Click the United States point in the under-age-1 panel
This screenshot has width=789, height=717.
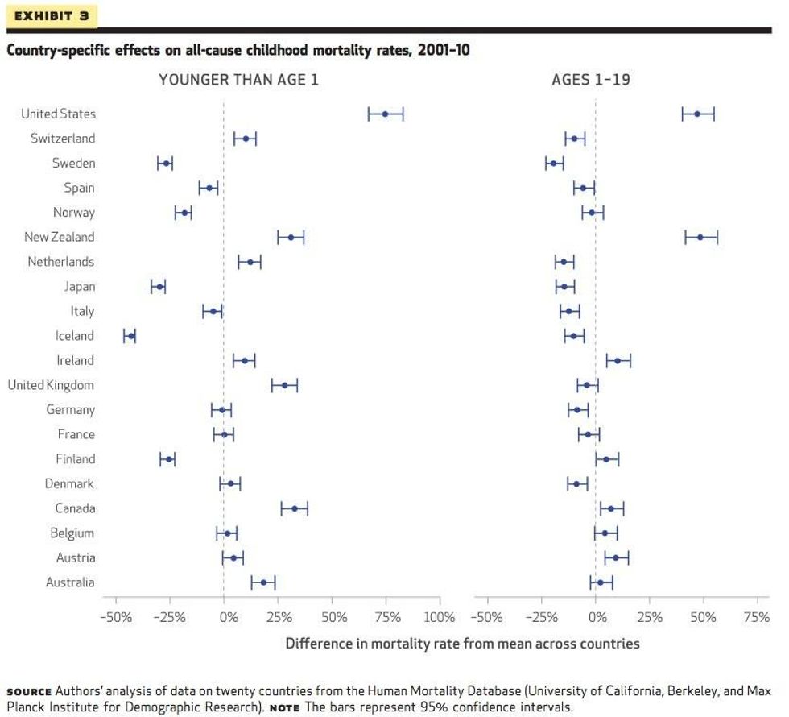point(385,114)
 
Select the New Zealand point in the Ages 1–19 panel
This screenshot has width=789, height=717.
point(700,237)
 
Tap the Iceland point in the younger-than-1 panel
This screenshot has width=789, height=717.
point(130,336)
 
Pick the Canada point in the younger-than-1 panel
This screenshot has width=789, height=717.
point(295,508)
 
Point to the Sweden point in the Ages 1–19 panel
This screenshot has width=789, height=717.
point(554,164)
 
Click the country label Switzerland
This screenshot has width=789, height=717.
point(63,139)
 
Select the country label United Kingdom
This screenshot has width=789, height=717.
point(51,385)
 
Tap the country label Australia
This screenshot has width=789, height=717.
point(69,582)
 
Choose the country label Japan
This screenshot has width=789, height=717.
point(80,287)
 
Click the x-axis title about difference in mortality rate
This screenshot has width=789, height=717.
point(462,644)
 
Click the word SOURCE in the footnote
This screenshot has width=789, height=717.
point(29,692)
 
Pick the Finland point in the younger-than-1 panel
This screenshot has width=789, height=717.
point(168,459)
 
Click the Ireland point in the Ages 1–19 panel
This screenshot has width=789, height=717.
point(618,360)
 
